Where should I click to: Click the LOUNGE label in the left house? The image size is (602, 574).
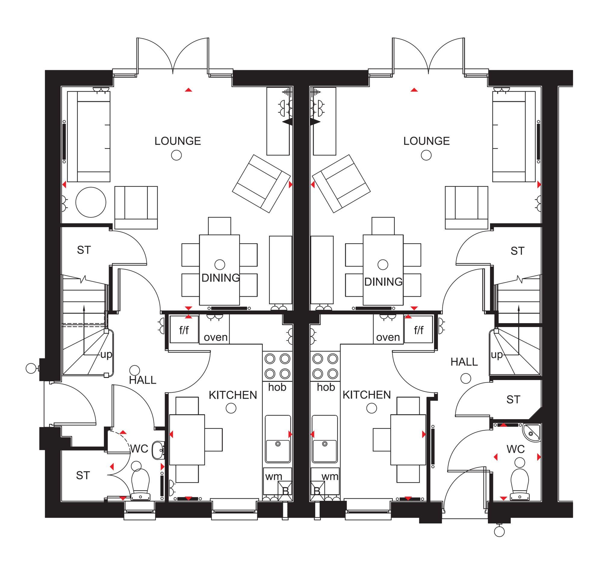(x=177, y=141)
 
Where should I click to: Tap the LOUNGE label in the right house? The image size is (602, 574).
(x=426, y=141)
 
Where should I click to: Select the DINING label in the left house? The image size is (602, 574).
(x=220, y=278)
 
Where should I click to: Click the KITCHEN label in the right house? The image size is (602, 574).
(x=367, y=395)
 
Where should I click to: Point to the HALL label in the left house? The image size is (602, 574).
(x=142, y=380)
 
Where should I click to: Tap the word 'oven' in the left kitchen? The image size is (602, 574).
(x=216, y=337)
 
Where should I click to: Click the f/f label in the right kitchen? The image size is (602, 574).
(x=419, y=330)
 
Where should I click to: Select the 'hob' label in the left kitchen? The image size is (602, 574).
(x=277, y=387)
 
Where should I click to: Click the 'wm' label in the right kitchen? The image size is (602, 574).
(x=330, y=476)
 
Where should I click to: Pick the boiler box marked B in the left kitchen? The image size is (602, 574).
(x=285, y=491)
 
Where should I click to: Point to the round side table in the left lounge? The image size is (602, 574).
(x=91, y=202)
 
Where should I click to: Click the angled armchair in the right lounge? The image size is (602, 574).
(x=341, y=184)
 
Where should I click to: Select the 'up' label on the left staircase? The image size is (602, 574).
(x=106, y=355)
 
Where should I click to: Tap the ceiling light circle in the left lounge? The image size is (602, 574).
(x=176, y=155)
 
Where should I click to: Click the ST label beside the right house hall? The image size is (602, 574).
(x=513, y=400)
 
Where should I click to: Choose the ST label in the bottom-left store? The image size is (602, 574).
(x=83, y=476)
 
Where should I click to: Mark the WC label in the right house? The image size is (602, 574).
(x=516, y=449)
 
